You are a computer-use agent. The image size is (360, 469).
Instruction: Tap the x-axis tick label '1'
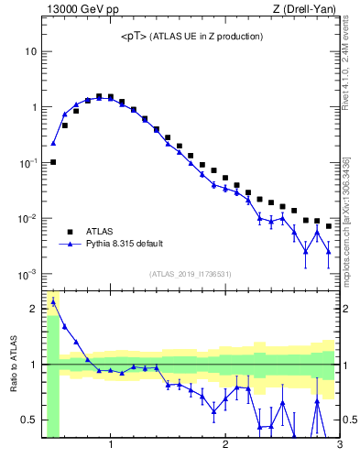click(111, 446)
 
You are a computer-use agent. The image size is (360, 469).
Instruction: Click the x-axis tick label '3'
click(339, 446)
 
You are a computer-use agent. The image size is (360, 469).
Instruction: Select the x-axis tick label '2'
click(225, 446)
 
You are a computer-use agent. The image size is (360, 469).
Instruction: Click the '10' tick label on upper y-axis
click(30, 51)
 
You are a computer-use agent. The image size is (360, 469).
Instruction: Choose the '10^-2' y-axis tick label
click(27, 219)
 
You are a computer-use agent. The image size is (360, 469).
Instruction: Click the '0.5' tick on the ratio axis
click(28, 420)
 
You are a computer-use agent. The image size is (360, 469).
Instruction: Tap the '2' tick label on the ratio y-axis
click(34, 309)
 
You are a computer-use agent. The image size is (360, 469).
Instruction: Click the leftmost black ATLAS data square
click(53, 162)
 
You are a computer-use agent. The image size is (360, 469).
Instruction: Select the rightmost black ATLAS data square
click(329, 226)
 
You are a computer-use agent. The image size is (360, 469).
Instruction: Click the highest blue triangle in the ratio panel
click(53, 301)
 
